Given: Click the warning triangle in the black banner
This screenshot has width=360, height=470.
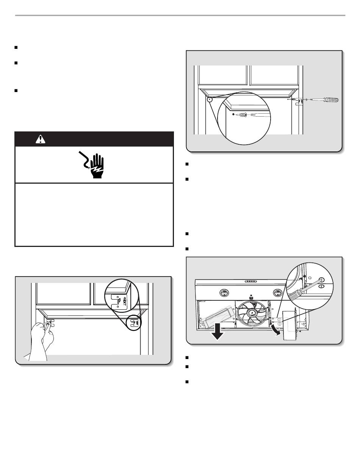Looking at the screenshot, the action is click(x=40, y=139).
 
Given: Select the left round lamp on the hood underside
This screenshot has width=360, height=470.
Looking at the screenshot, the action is click(x=223, y=292).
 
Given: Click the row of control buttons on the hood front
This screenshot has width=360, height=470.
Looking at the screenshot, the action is click(x=250, y=281).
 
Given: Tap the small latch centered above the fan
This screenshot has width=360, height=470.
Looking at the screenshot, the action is click(x=251, y=294).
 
